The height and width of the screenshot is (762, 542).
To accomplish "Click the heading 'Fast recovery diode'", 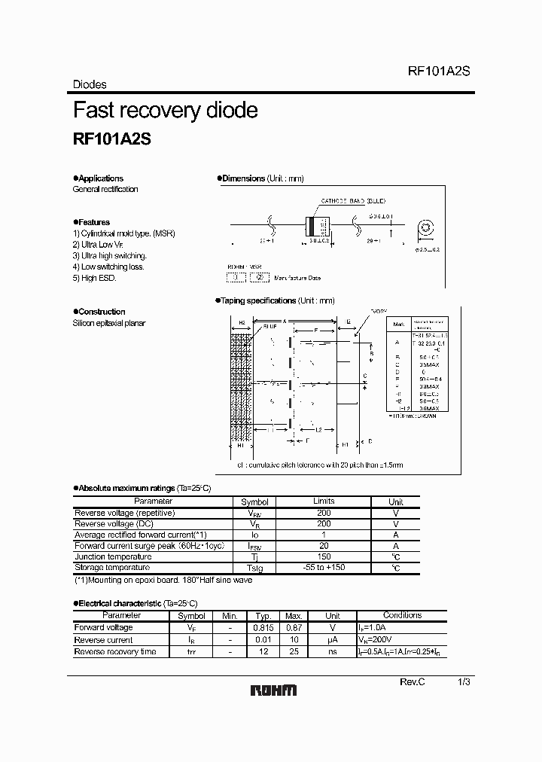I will click(165, 111).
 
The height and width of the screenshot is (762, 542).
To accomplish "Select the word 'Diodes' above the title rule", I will click(90, 85).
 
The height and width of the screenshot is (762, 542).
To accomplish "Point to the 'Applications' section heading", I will click(100, 178).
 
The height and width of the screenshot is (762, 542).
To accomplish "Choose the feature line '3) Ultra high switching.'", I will click(109, 256).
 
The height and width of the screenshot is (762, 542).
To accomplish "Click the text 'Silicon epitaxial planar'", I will click(109, 323).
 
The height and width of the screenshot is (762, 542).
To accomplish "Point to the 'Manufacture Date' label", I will click(297, 278).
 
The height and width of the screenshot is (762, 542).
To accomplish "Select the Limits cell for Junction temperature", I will click(324, 556).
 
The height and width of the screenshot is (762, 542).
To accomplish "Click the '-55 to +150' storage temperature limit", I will click(324, 567).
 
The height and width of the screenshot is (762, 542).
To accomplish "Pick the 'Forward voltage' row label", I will click(103, 627).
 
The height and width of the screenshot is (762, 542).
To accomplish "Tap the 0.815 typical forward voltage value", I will click(263, 627).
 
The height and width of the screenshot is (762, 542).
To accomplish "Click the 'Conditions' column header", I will click(403, 615).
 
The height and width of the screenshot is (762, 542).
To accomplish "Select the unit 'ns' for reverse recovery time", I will click(333, 651).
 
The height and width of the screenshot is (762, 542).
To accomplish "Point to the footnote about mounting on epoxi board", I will click(163, 580).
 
